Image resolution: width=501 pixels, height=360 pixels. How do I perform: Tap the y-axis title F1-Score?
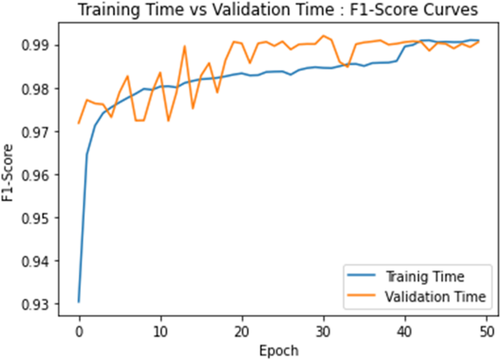(x=8, y=173)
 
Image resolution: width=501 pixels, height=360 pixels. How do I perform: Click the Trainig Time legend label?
(x=425, y=276)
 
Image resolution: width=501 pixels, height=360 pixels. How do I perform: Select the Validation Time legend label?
(x=435, y=297)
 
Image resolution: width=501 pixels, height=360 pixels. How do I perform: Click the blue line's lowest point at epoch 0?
(x=79, y=302)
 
